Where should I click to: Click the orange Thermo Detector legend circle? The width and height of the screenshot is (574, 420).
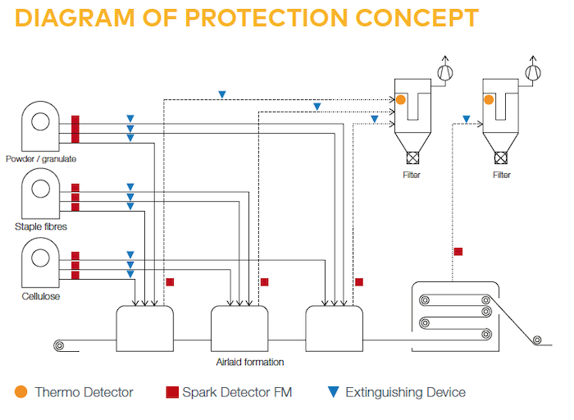pyautogui.click(x=21, y=392)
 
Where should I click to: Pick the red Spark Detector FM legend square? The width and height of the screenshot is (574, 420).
pyautogui.click(x=172, y=392)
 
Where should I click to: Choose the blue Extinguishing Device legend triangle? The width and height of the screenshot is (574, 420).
pyautogui.click(x=333, y=392)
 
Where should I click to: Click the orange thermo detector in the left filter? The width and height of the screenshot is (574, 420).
pyautogui.click(x=400, y=99)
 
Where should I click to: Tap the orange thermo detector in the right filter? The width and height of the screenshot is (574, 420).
pyautogui.click(x=489, y=99)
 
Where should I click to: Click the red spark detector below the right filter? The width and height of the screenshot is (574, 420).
pyautogui.click(x=458, y=251)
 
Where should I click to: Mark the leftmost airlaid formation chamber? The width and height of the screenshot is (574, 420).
pyautogui.click(x=144, y=328)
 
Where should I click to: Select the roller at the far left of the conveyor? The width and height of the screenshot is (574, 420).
pyautogui.click(x=59, y=345)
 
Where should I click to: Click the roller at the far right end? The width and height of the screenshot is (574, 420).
pyautogui.click(x=537, y=340)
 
